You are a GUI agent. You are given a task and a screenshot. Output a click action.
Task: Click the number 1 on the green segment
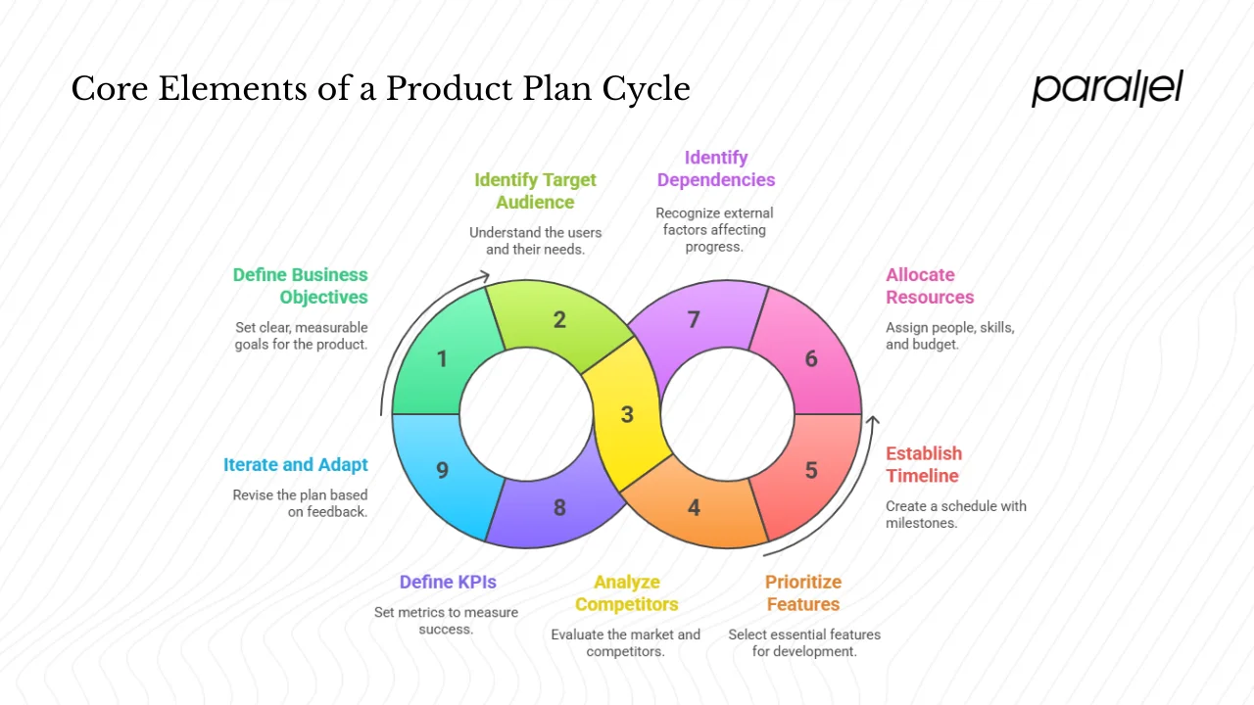[x=442, y=359]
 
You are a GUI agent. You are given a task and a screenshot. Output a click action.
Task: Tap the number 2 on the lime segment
[x=559, y=319]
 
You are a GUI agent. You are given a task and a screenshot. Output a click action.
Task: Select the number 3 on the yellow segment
[x=627, y=414]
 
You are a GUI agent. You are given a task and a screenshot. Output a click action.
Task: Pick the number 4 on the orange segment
[x=694, y=508]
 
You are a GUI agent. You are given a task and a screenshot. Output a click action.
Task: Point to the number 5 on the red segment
[x=811, y=470]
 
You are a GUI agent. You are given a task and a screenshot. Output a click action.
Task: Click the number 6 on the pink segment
[x=811, y=358]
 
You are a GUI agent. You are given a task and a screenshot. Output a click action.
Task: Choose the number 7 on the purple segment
[x=694, y=319]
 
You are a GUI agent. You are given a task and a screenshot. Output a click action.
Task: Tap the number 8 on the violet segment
[x=559, y=508]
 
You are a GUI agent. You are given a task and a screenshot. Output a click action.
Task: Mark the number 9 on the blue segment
[x=442, y=470]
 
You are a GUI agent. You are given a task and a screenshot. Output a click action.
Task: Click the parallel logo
[x=1107, y=88]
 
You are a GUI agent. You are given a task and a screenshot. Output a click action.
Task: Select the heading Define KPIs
[x=448, y=582]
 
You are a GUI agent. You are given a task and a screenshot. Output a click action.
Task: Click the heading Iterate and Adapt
[x=296, y=465]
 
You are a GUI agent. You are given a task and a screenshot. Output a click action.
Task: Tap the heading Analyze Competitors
[x=627, y=593]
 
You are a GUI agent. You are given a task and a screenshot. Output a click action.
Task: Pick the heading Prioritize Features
[x=802, y=593]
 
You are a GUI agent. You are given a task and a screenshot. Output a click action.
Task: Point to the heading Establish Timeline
[x=924, y=465]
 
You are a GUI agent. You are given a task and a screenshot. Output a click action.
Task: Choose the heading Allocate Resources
[x=930, y=286]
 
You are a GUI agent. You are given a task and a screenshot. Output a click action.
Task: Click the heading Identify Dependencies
[x=716, y=168]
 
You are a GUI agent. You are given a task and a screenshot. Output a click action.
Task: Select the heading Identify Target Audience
[x=535, y=191]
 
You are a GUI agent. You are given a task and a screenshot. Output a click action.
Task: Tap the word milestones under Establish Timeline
[x=921, y=523]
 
